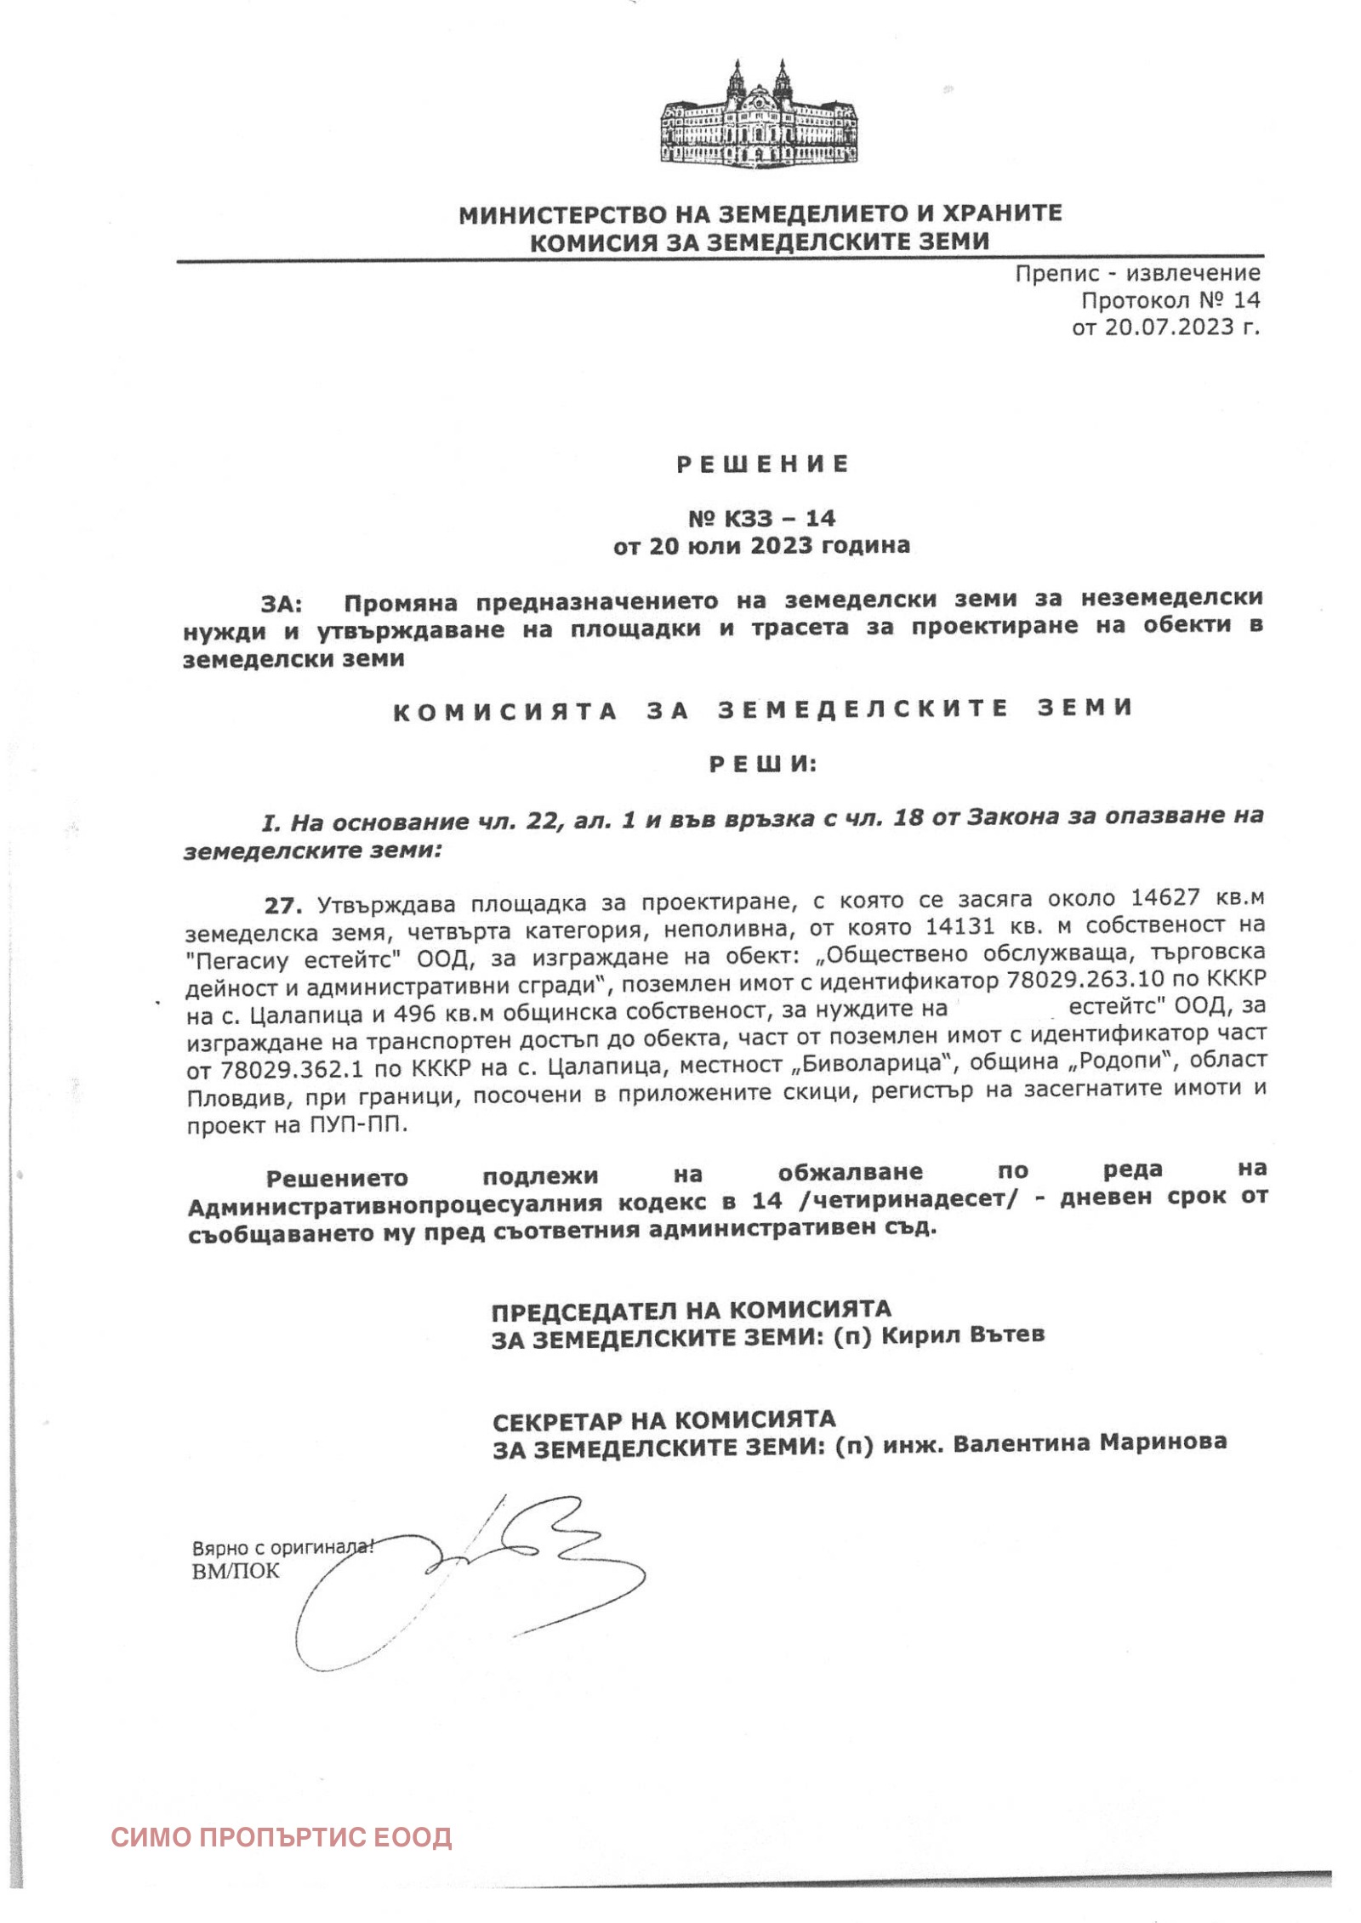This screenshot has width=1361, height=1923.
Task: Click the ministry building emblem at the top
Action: coord(759,114)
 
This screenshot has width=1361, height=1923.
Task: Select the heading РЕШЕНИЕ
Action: coord(762,464)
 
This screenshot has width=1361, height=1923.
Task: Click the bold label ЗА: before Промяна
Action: coord(282,604)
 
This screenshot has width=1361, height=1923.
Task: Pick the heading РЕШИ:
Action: coord(763,765)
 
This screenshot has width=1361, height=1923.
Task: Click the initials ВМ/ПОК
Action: coord(235,1571)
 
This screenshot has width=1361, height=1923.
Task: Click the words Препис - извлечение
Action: coord(1137,273)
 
